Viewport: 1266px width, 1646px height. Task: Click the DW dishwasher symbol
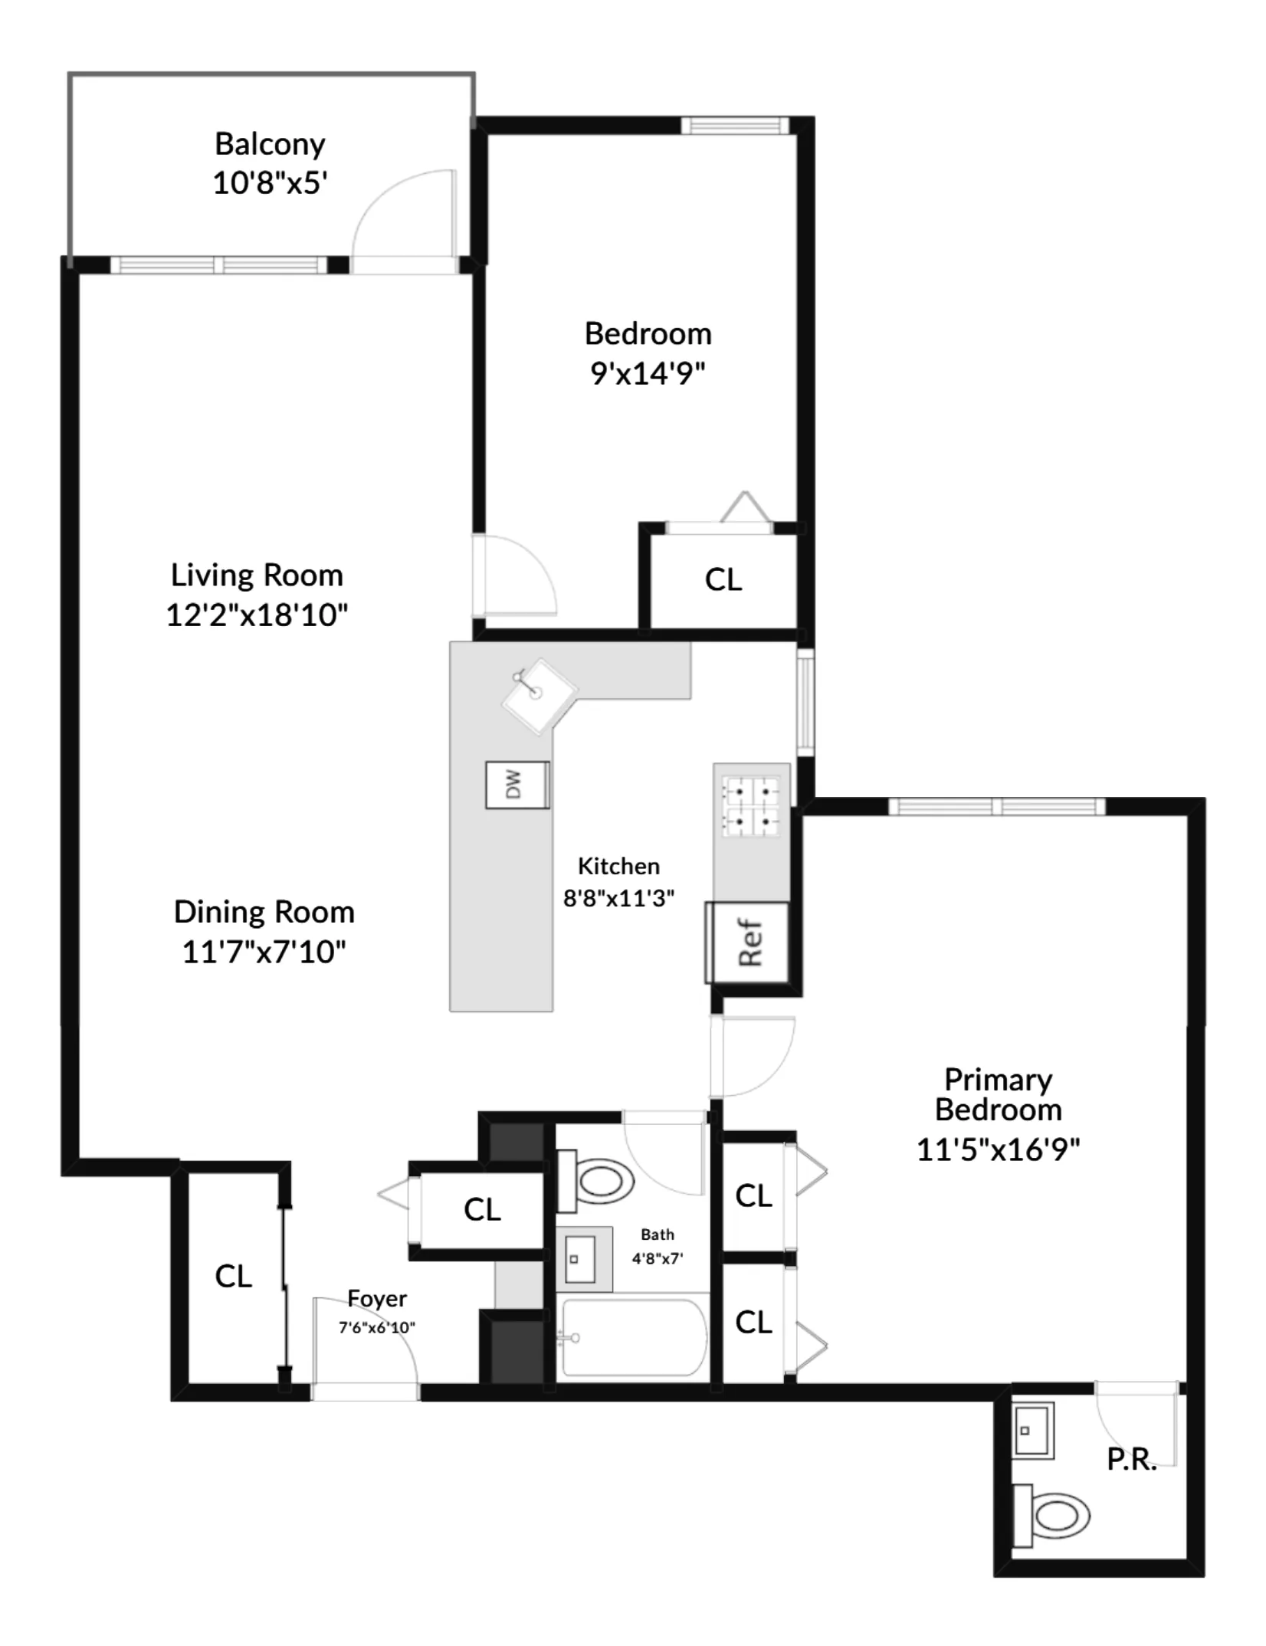pyautogui.click(x=517, y=785)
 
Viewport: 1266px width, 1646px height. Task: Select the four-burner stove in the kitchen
pyautogui.click(x=752, y=807)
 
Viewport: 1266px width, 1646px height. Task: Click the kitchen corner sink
pyautogui.click(x=538, y=694)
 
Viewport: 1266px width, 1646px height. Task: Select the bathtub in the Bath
pyautogui.click(x=633, y=1337)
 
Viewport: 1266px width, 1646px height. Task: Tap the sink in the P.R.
pyautogui.click(x=1032, y=1430)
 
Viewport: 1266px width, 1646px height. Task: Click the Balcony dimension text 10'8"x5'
pyautogui.click(x=270, y=183)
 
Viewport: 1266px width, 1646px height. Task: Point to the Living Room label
pyautogui.click(x=257, y=575)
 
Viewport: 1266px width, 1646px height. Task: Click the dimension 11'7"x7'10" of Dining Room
pyautogui.click(x=264, y=952)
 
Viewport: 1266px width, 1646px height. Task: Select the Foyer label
pyautogui.click(x=376, y=1298)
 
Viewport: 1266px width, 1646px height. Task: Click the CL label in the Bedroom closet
pyautogui.click(x=723, y=580)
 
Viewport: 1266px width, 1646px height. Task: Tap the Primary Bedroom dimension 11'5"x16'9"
pyautogui.click(x=998, y=1149)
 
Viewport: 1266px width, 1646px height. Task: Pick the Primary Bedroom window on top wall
pyautogui.click(x=996, y=806)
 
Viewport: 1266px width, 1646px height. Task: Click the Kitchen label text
pyautogui.click(x=618, y=866)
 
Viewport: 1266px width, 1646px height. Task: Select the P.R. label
pyautogui.click(x=1131, y=1460)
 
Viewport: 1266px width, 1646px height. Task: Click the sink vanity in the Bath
pyautogui.click(x=583, y=1258)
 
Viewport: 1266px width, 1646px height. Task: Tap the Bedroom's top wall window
pyautogui.click(x=734, y=125)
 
